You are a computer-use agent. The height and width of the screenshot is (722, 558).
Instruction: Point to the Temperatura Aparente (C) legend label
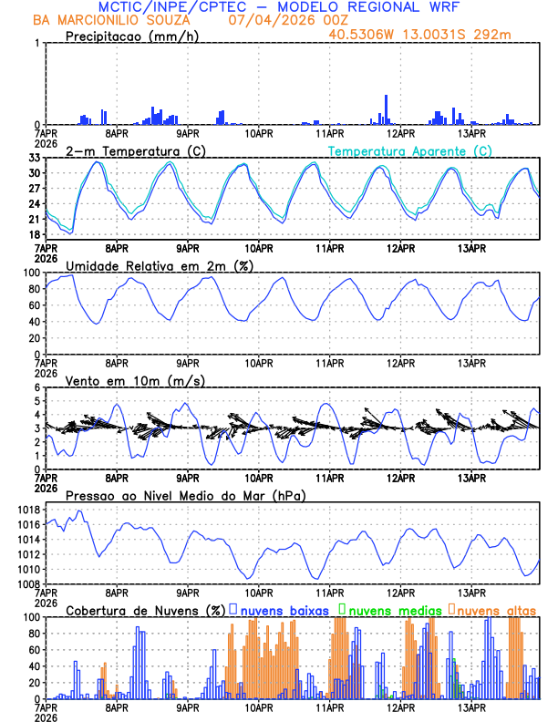pyautogui.click(x=410, y=150)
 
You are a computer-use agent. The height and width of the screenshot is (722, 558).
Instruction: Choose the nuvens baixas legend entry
pyautogui.click(x=284, y=610)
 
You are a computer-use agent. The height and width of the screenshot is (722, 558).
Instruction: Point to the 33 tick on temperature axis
pyautogui.click(x=34, y=158)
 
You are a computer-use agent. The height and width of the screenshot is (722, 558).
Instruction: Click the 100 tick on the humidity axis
pyautogui.click(x=29, y=273)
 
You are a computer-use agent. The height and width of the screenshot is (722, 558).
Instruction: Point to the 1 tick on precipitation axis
pyautogui.click(x=36, y=43)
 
